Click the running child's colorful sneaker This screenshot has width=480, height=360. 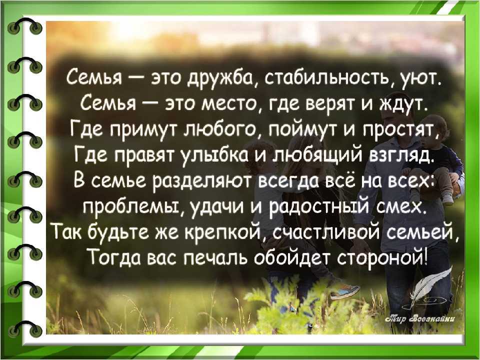click(x=344, y=291)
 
